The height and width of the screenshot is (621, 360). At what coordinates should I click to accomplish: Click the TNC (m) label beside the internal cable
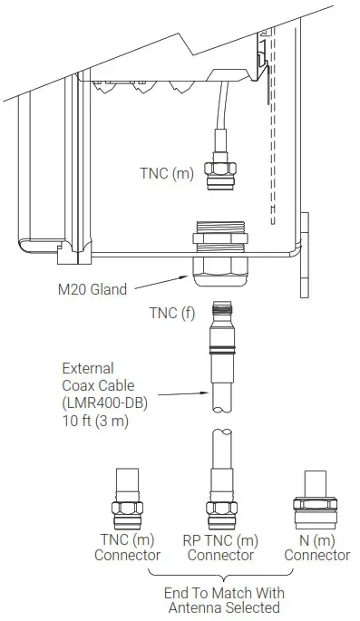click(166, 172)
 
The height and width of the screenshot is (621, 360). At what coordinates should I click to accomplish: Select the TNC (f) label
click(170, 313)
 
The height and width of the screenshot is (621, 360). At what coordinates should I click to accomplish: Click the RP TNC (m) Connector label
click(219, 548)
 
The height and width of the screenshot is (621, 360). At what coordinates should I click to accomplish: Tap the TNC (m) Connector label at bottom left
click(127, 548)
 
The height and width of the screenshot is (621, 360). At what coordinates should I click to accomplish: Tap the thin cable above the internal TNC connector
click(215, 113)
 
